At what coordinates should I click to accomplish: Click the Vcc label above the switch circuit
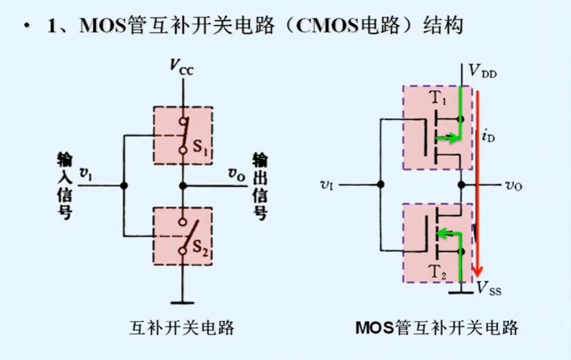click(x=181, y=67)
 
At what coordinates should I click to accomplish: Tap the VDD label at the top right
click(x=483, y=71)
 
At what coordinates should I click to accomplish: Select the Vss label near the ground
click(x=489, y=289)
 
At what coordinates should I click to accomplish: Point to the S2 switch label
click(x=200, y=247)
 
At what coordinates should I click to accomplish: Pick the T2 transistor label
click(x=437, y=272)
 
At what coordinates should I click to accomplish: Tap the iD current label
click(x=488, y=135)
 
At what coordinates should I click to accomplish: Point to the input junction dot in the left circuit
click(x=124, y=186)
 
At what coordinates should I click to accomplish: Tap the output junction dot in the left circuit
click(x=183, y=186)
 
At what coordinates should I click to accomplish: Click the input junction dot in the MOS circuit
click(x=381, y=184)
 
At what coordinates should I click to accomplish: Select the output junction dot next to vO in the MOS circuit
click(x=461, y=185)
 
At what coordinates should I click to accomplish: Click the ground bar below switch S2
click(x=182, y=303)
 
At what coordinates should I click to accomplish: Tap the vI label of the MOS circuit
click(x=326, y=185)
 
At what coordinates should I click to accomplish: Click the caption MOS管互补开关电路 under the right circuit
click(x=437, y=328)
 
